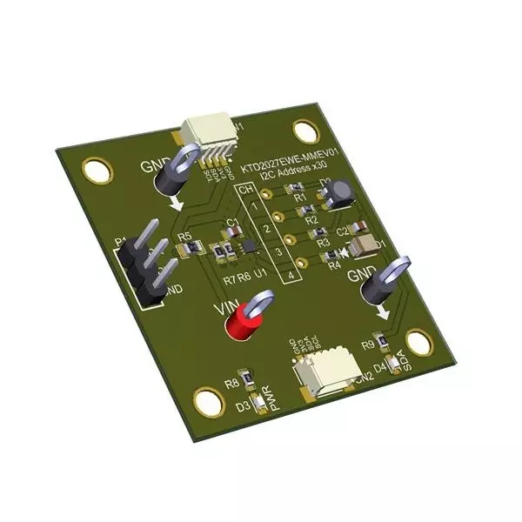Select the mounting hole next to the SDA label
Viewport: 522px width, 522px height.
pos(418,344)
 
